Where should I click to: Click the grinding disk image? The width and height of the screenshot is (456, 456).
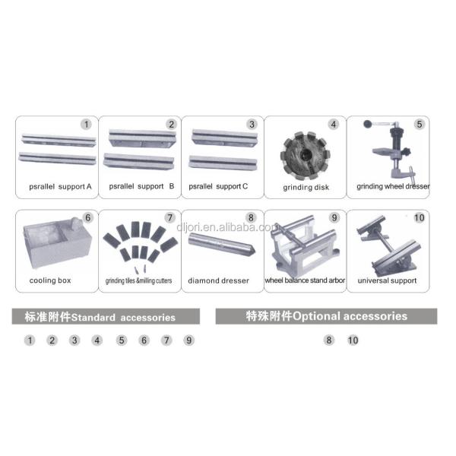click(x=305, y=156)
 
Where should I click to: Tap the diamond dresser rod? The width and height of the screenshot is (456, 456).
click(x=222, y=243)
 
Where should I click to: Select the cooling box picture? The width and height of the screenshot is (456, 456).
click(x=58, y=242)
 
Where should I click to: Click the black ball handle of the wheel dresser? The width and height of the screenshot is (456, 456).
click(x=368, y=124)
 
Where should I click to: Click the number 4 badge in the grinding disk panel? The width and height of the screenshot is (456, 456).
click(x=334, y=125)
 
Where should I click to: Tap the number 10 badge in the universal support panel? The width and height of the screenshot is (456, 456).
click(x=419, y=218)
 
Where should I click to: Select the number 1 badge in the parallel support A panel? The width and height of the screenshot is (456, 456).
click(x=86, y=125)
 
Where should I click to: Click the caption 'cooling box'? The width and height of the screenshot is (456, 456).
click(x=50, y=280)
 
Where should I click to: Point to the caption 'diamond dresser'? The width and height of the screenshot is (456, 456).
click(x=218, y=280)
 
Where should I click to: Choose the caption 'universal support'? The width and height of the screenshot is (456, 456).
click(x=387, y=280)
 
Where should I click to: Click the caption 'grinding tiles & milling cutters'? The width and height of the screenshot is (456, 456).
click(x=138, y=280)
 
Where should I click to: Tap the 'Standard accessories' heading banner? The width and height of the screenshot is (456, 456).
click(x=106, y=316)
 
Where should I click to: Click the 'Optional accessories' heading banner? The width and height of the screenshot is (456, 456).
click(x=326, y=316)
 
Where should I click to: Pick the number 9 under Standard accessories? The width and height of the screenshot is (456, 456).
click(x=188, y=340)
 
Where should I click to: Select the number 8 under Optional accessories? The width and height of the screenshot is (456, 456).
click(x=328, y=340)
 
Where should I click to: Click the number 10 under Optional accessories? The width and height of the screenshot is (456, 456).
click(x=353, y=340)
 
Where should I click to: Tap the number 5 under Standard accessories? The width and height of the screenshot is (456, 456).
click(x=122, y=340)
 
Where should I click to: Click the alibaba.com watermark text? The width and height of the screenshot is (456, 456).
click(x=226, y=227)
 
